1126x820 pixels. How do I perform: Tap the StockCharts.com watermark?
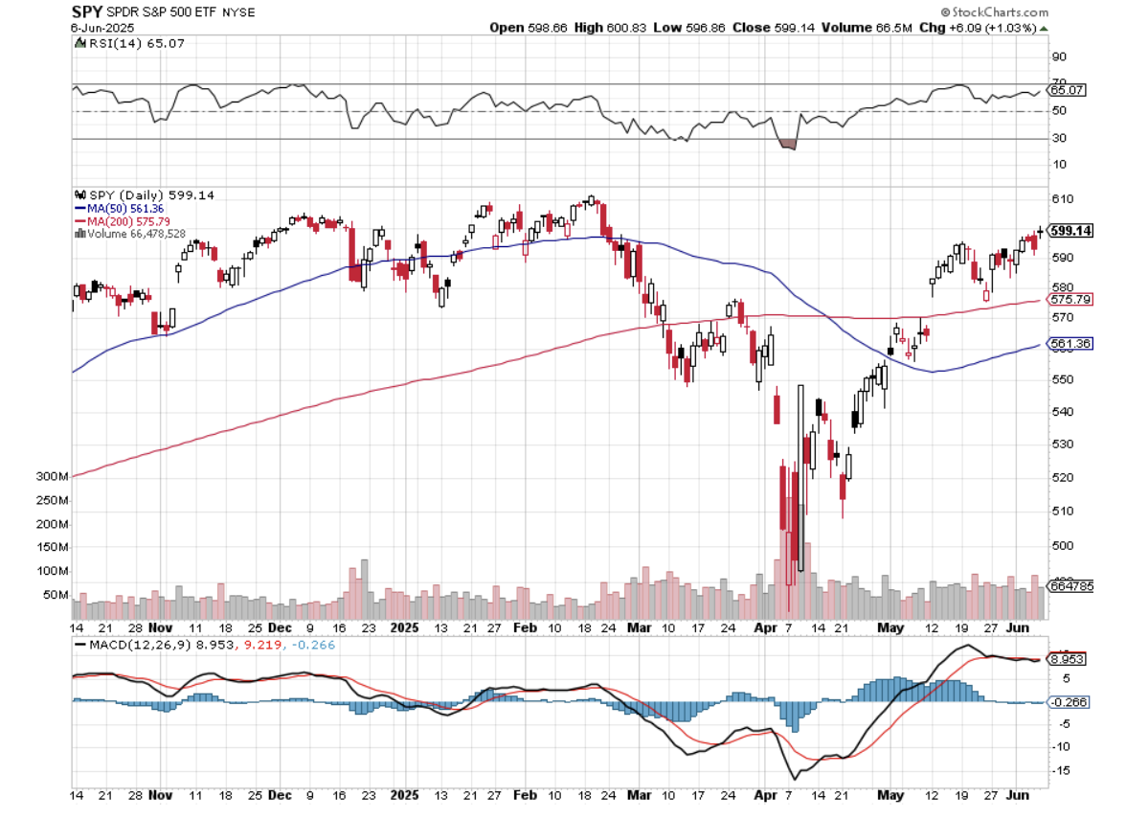(x=994, y=11)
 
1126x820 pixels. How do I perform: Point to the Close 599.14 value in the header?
(x=766, y=28)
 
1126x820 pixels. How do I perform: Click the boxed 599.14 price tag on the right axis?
(x=1071, y=231)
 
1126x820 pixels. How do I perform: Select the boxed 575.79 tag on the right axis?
(x=1071, y=300)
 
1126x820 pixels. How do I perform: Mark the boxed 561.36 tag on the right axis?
(x=1071, y=343)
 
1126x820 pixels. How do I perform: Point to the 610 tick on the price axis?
(x=1060, y=199)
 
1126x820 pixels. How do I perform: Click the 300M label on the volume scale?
(x=53, y=477)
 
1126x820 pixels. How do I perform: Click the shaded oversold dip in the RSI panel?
(x=788, y=144)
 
